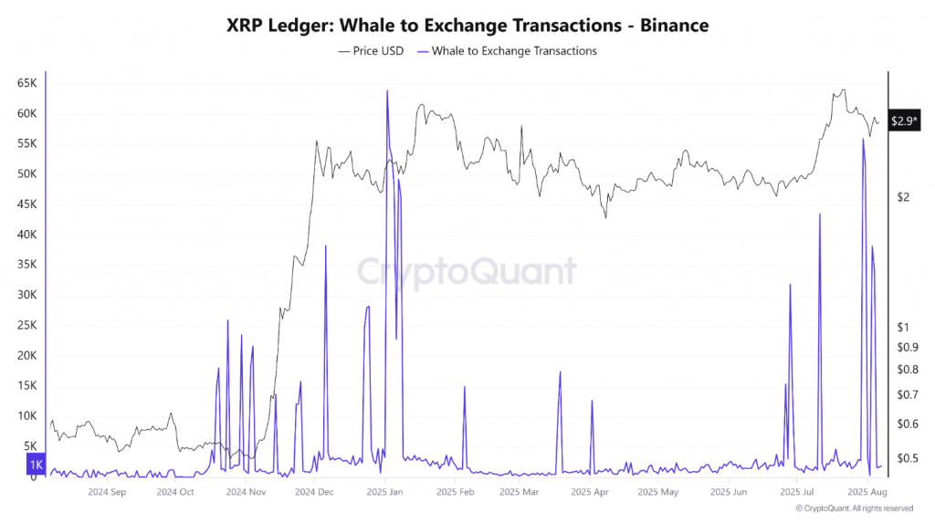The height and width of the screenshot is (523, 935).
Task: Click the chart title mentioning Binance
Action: click(467, 26)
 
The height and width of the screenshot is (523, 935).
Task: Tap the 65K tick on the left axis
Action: click(26, 84)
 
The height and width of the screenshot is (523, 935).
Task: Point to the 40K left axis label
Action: click(26, 235)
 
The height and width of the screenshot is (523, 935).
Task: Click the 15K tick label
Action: click(26, 386)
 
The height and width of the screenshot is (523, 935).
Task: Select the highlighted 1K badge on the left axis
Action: click(36, 465)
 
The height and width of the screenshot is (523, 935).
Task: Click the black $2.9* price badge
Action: click(905, 120)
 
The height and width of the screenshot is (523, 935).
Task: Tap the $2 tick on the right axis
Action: click(902, 197)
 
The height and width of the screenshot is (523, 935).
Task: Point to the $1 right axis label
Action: click(902, 327)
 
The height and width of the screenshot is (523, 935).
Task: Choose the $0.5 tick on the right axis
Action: click(906, 458)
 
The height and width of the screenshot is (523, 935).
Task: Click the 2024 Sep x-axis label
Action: click(106, 492)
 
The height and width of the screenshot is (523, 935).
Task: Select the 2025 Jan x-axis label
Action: click(384, 492)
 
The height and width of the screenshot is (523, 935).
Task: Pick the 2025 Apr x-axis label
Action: click(589, 492)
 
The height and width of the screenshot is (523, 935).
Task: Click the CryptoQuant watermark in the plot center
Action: click(466, 272)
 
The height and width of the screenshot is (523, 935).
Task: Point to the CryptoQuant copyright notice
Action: click(854, 508)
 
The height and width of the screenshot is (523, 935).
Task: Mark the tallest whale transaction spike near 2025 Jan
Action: click(387, 91)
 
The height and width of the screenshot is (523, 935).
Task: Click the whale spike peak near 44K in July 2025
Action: click(820, 214)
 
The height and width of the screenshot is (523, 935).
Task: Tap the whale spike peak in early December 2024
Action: click(326, 246)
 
